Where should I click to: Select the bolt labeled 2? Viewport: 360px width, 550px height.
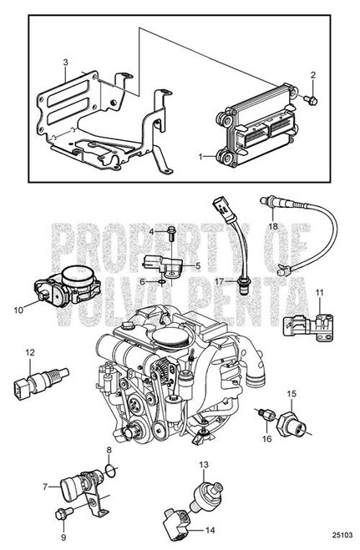coord(309,99)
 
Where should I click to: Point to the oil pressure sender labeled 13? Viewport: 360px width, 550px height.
coord(205,489)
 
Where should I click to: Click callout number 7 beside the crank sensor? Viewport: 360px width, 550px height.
coord(43,485)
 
